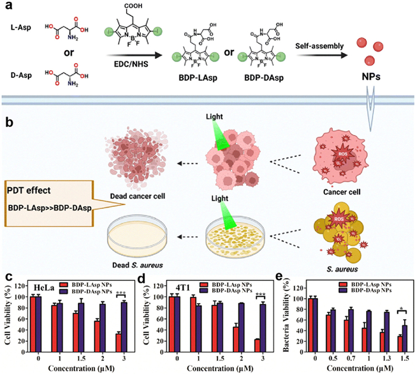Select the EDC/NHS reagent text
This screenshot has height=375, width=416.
point(143,61)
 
